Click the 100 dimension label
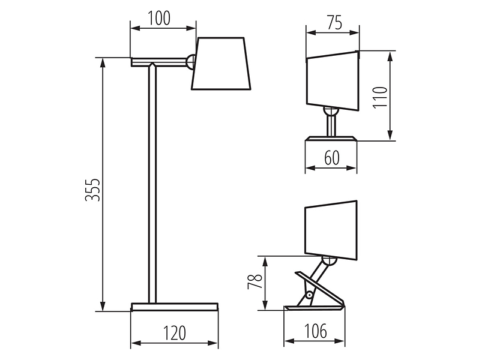[159, 19]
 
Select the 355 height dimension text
[92, 190]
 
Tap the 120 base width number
[174, 333]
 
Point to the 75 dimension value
[335, 23]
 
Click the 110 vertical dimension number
[380, 97]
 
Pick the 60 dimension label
[332, 158]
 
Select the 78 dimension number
[255, 281]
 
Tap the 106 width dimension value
[315, 331]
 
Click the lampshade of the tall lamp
[221, 64]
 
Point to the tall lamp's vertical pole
[152, 184]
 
